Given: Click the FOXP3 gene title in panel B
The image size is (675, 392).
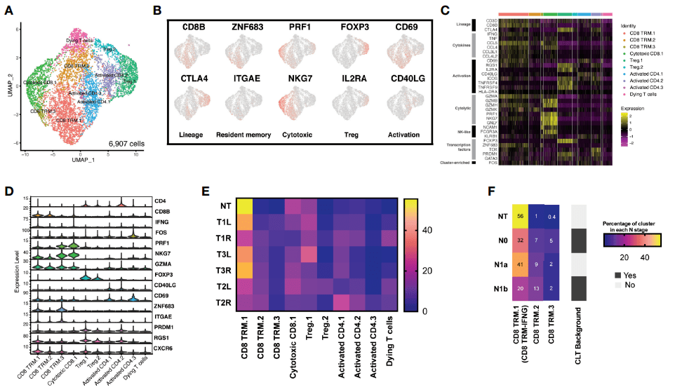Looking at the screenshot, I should click(x=354, y=29).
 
